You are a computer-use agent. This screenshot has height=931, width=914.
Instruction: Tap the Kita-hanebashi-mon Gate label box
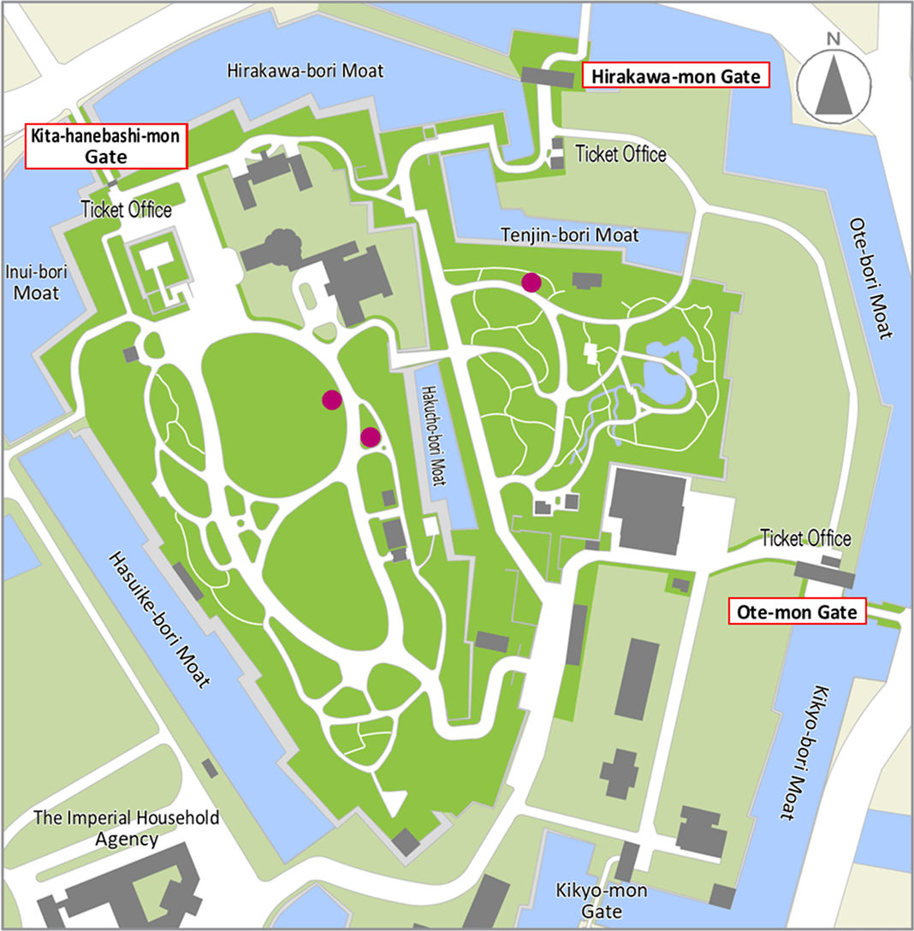pyautogui.click(x=106, y=146)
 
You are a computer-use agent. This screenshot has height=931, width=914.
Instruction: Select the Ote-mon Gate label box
pyautogui.click(x=797, y=613)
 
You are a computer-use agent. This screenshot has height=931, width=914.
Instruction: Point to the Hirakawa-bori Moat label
pyautogui.click(x=305, y=70)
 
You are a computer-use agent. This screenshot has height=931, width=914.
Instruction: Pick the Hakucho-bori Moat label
pyautogui.click(x=434, y=435)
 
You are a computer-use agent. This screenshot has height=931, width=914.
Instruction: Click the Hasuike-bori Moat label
pyautogui.click(x=159, y=620)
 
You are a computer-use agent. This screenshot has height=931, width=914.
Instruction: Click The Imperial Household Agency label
pyautogui.click(x=126, y=827)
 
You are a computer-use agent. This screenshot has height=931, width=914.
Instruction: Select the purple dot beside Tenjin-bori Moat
pyautogui.click(x=531, y=282)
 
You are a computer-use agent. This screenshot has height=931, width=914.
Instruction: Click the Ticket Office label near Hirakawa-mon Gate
pyautogui.click(x=620, y=155)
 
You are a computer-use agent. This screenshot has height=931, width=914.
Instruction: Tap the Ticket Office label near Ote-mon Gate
pyautogui.click(x=805, y=538)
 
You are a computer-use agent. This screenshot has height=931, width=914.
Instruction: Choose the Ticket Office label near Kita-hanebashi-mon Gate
pyautogui.click(x=127, y=210)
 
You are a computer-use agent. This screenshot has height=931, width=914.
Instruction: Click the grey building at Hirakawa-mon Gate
pyautogui.click(x=548, y=77)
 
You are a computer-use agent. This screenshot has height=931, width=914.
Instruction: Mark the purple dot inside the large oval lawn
pyautogui.click(x=331, y=399)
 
